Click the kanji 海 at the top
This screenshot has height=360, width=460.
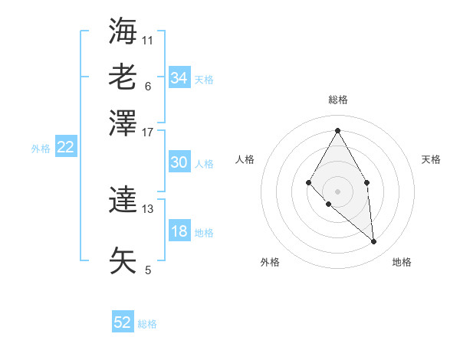click(x=123, y=32)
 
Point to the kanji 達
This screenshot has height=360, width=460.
click(x=123, y=201)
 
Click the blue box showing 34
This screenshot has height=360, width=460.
click(x=179, y=78)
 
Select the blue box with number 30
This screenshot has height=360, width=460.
click(x=179, y=162)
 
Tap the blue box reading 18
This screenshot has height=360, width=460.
click(x=179, y=231)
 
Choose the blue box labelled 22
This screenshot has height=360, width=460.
click(x=65, y=148)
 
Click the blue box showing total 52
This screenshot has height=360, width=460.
click(x=123, y=322)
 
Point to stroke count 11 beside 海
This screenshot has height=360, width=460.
click(x=148, y=39)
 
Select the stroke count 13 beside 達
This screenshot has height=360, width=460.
click(x=148, y=208)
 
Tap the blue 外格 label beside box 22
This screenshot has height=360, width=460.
click(x=40, y=149)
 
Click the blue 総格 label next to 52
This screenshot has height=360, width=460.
click(x=147, y=324)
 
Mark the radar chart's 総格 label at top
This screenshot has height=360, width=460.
click(x=337, y=100)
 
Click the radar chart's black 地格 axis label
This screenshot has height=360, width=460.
click(x=402, y=262)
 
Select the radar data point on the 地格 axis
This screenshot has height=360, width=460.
click(x=374, y=242)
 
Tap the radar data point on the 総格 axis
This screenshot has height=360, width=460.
click(x=337, y=130)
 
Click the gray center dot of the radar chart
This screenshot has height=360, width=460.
click(x=337, y=191)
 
